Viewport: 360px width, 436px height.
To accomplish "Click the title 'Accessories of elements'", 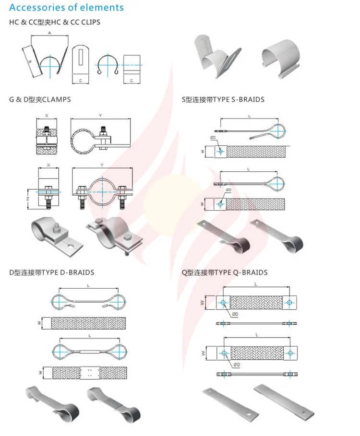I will tap(66, 8).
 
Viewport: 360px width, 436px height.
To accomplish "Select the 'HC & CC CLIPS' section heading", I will tap(55, 22).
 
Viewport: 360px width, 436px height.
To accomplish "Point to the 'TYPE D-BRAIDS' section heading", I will tap(51, 272).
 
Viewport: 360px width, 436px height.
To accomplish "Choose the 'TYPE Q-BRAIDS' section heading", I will tap(224, 272).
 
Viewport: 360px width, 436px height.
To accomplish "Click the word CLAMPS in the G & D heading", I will tap(56, 99).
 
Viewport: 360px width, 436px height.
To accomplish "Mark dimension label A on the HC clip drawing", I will tap(50, 33).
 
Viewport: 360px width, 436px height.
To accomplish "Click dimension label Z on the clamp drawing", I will tap(28, 198).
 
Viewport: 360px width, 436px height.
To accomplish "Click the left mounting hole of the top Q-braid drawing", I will tap(224, 303).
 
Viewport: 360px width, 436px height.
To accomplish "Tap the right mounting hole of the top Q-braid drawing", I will tap(289, 303).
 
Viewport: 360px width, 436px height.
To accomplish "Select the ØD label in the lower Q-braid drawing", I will tap(236, 365).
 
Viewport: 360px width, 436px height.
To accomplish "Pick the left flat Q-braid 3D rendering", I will tap(231, 403).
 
